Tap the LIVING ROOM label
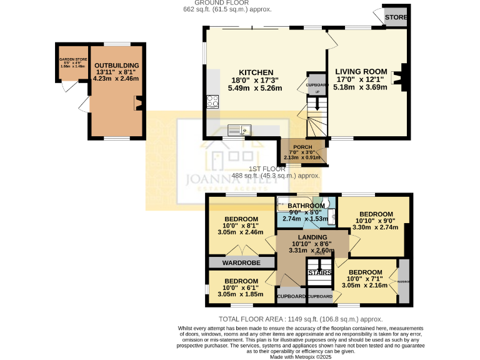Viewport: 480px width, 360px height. click(x=361, y=71)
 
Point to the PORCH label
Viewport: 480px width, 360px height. click(x=302, y=147)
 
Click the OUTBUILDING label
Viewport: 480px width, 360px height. click(x=116, y=65)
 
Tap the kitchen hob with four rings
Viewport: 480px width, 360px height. click(x=212, y=101)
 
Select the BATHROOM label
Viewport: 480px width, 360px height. click(x=306, y=206)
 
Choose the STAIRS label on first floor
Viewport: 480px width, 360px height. click(x=319, y=272)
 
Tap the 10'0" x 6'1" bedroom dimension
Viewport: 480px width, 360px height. click(x=241, y=287)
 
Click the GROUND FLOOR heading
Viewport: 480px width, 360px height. click(x=240, y=3)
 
